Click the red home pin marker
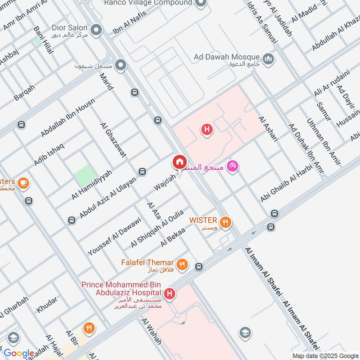click(x=179, y=162)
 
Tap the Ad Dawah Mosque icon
click(x=269, y=58)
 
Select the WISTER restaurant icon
click(x=226, y=221)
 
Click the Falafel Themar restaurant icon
click(x=182, y=265)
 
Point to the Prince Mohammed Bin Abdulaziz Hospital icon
click(x=170, y=294)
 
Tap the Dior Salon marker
click(x=95, y=30)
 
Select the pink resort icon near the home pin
click(x=233, y=166)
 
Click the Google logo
click(x=19, y=353)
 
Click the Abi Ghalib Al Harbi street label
click(x=286, y=186)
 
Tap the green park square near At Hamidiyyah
click(x=85, y=175)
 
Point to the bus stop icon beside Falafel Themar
click(x=198, y=267)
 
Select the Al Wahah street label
click(x=151, y=332)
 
